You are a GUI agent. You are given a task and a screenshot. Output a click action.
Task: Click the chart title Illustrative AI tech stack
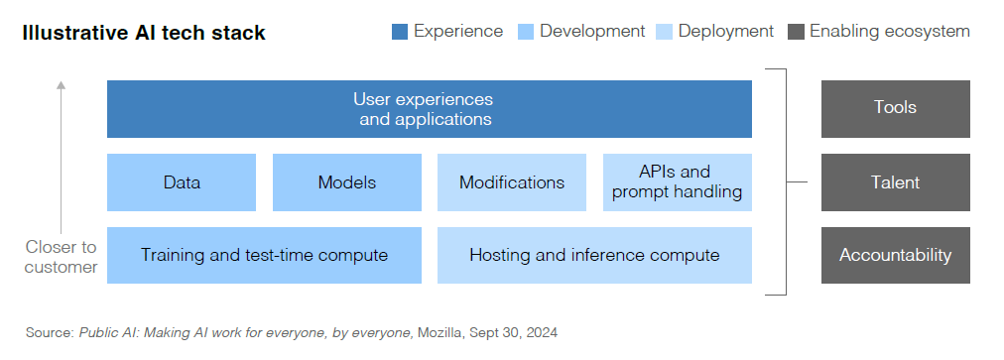coord(144,33)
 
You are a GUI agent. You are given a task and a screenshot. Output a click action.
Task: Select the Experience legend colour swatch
coord(400,32)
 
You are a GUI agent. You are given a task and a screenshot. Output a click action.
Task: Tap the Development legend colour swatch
coord(526,32)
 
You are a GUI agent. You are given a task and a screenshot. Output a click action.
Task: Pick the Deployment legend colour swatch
coord(664,32)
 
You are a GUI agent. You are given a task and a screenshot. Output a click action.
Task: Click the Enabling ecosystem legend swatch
coord(796,32)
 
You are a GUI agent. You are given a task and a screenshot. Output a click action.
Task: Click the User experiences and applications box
coord(429,109)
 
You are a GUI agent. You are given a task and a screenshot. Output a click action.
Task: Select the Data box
coord(182,182)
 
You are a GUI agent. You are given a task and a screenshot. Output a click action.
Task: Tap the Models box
coord(347,182)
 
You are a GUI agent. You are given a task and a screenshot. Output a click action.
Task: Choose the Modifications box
coord(512,182)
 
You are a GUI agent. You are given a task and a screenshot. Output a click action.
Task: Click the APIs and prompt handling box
coord(678,182)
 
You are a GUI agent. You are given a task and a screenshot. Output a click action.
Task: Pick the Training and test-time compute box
coord(265,255)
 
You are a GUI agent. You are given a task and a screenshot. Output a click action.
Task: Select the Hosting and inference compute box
coord(594,255)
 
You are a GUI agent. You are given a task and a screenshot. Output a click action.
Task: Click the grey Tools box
coord(895,109)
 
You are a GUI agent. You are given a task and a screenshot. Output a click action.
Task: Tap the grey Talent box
coord(895,182)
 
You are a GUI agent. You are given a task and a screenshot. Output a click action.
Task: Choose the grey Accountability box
coord(895,255)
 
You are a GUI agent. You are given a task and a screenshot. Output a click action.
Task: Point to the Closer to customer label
coord(61,257)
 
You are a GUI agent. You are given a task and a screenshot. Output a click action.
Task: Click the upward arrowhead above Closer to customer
coord(61,84)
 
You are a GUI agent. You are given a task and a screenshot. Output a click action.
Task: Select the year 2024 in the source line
coord(542,332)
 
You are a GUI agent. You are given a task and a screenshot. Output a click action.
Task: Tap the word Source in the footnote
coord(50,332)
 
